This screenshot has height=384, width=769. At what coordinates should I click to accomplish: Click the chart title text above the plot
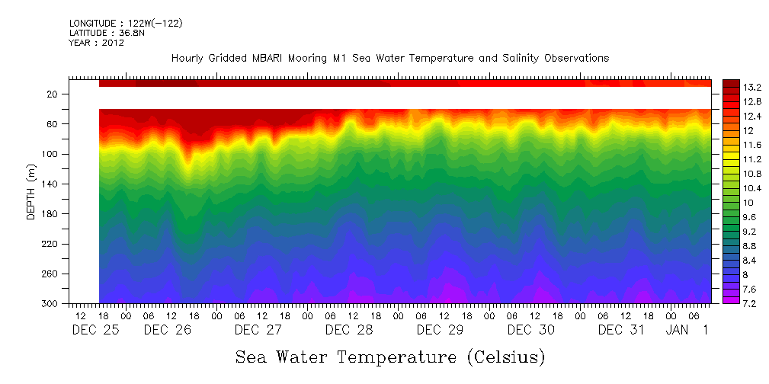click(390, 58)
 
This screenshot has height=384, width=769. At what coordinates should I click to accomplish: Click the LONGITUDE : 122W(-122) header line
click(126, 24)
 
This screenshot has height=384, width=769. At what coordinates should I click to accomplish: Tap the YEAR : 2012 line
click(97, 43)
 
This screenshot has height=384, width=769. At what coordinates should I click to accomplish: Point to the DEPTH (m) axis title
click(31, 195)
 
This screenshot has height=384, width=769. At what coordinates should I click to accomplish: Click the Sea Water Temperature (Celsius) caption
click(390, 357)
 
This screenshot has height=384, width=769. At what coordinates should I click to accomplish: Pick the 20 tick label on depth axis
click(53, 94)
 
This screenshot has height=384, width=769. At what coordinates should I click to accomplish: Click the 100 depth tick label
click(50, 155)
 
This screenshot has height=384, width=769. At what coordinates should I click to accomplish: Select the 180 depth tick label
click(50, 214)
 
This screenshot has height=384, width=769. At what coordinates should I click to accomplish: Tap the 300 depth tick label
click(50, 304)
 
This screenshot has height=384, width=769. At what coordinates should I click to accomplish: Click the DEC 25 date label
click(95, 330)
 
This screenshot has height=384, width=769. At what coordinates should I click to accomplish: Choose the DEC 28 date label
click(349, 330)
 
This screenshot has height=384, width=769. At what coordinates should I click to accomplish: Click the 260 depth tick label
click(50, 274)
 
